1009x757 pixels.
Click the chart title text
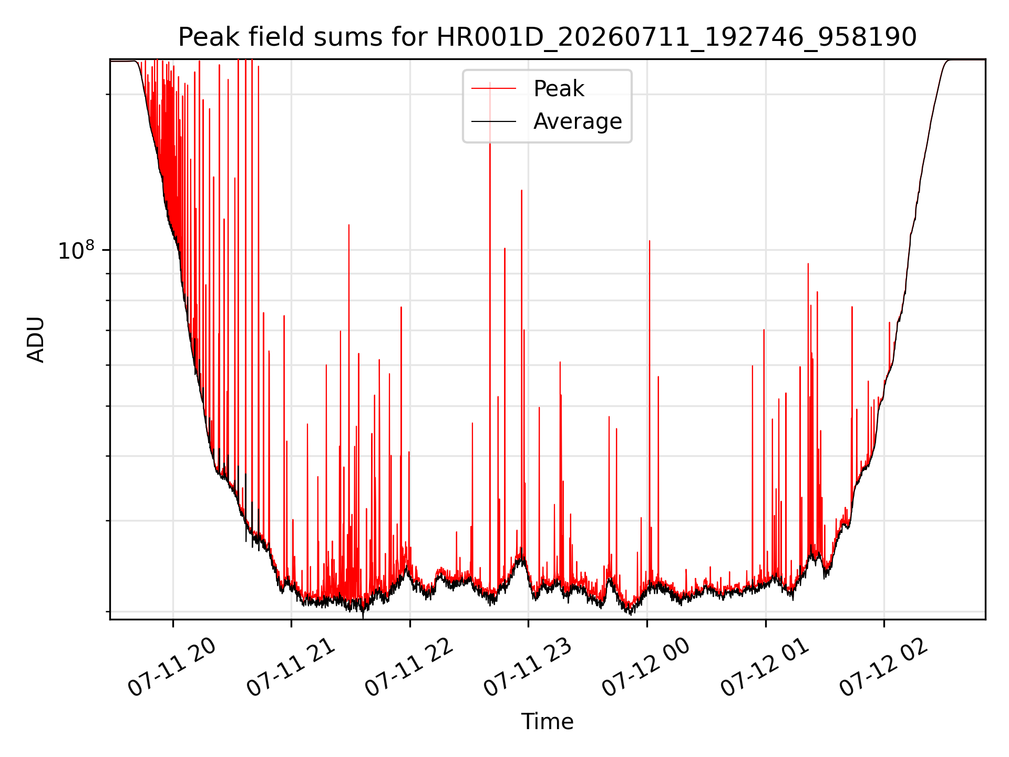pos(548,37)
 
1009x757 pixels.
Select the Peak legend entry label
pos(559,89)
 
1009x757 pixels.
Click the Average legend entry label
pos(578,121)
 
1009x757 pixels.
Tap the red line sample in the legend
pos(493,89)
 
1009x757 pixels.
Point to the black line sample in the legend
pos(493,121)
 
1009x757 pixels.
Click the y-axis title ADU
pos(36,340)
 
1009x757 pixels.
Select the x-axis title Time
pos(547,722)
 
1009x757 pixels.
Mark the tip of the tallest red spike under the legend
pos(490,83)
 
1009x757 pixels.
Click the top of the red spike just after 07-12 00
pos(650,241)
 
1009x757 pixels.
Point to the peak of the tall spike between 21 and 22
pos(348,224)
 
